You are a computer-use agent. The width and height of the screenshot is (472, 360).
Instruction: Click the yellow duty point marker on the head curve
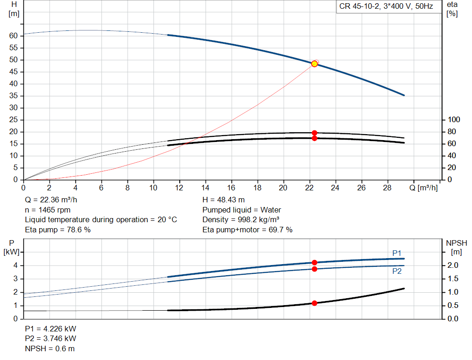(314, 64)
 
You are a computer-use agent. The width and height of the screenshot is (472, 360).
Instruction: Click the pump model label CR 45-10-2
(359, 6)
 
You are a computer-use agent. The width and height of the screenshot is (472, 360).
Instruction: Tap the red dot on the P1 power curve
(314, 262)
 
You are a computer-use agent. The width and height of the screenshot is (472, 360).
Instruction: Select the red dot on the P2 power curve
(314, 269)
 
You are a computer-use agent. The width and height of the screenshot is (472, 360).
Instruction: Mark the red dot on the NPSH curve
(314, 303)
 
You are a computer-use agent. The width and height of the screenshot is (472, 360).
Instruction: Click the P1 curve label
(397, 253)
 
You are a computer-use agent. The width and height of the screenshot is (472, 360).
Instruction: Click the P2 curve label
(397, 271)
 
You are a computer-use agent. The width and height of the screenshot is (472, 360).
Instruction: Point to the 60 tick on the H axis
(13, 36)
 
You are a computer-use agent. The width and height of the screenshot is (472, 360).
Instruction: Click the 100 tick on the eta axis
(454, 120)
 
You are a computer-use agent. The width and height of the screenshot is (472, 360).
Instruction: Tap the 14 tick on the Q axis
(205, 188)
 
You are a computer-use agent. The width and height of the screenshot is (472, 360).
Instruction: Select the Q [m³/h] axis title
(423, 188)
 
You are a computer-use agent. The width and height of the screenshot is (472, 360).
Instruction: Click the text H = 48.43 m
(224, 200)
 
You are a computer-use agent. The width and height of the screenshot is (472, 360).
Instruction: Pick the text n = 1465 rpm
(47, 210)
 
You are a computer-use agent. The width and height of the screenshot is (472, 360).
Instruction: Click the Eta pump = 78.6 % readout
(58, 230)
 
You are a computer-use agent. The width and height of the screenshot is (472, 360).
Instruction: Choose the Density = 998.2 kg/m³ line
(241, 220)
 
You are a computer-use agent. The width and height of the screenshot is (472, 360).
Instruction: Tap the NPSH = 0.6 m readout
(50, 348)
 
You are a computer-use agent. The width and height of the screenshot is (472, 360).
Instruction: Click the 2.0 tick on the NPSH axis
(453, 265)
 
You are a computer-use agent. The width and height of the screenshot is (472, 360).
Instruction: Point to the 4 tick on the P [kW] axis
(15, 266)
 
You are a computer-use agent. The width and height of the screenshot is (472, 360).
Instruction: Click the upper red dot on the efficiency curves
(314, 133)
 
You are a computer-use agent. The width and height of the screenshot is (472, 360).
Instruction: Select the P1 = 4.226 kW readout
(50, 329)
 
